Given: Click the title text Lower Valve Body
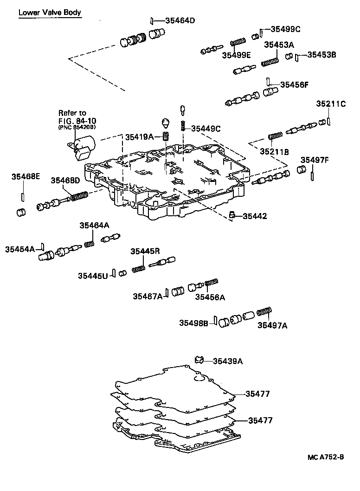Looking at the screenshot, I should (50, 13).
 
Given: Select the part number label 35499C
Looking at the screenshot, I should (285, 29).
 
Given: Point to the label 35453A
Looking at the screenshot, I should (279, 45).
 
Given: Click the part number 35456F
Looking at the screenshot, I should (294, 85).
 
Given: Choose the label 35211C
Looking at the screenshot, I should (331, 103).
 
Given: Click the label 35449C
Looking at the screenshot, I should (206, 129).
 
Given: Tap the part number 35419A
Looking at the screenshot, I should (139, 137).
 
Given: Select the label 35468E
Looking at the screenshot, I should (26, 176).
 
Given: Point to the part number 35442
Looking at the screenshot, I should (255, 216).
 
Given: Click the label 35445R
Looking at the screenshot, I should (145, 251).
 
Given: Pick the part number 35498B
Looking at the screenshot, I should (194, 323).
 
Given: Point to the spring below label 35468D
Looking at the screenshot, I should (79, 197).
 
